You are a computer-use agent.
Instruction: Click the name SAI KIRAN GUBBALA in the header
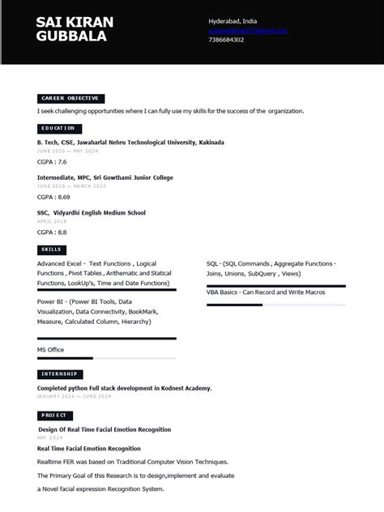click(75, 28)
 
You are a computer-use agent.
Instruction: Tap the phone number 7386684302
click(226, 40)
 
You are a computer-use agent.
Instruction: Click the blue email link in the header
click(248, 30)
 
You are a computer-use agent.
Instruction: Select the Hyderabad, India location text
click(233, 20)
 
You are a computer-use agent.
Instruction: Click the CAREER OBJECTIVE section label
click(70, 98)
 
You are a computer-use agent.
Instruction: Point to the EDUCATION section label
click(59, 128)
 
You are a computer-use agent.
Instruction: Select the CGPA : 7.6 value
click(52, 162)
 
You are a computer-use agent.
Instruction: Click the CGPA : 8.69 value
click(53, 197)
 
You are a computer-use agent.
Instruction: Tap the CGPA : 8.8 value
click(52, 232)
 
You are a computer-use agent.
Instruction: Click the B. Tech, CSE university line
click(130, 143)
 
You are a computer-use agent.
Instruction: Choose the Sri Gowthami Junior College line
click(105, 177)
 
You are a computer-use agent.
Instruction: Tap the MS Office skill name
click(50, 349)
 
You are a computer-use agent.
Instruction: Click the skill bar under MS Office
click(106, 358)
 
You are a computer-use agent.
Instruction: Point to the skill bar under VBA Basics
click(275, 305)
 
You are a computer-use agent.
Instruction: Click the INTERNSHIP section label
click(60, 373)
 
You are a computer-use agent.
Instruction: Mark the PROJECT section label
click(55, 415)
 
